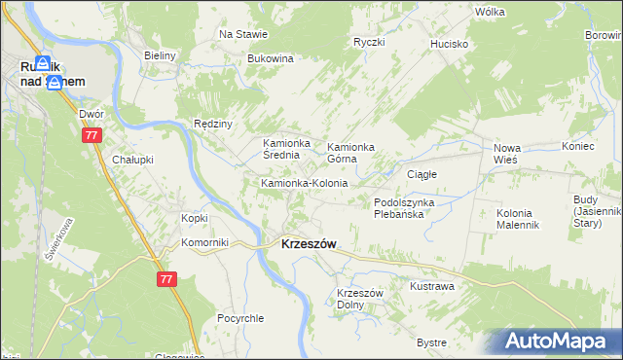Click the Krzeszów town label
tap(309, 245)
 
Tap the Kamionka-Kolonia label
tap(304, 183)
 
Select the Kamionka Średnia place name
tap(286, 150)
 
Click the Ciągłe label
tap(421, 174)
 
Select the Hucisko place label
tap(451, 44)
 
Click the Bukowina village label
tap(271, 58)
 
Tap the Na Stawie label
tap(243, 34)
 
